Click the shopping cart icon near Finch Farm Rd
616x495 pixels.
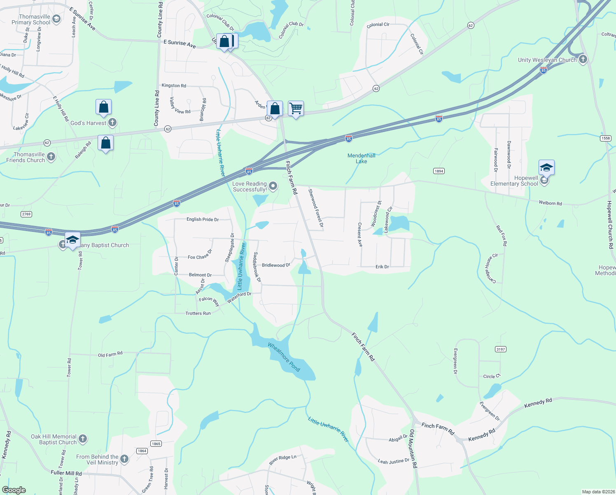(296, 109)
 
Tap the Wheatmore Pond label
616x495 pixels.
(284, 357)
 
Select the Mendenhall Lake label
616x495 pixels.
(361, 158)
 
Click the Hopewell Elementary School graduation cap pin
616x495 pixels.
(546, 167)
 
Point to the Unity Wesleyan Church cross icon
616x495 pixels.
(583, 59)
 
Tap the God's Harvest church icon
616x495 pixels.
(112, 123)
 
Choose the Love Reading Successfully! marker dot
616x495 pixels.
(273, 186)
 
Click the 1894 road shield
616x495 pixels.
(439, 171)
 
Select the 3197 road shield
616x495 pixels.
(501, 349)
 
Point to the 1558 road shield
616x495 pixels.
(606, 138)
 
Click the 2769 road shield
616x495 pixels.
(26, 214)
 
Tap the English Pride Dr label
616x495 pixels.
(202, 219)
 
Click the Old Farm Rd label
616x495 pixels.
(110, 354)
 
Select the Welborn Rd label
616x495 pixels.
(550, 203)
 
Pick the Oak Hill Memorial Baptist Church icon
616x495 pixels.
(83, 439)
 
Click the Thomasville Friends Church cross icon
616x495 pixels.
(51, 156)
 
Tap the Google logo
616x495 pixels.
(14, 490)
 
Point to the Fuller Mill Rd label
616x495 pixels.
(66, 473)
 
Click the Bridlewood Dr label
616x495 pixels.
(276, 265)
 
